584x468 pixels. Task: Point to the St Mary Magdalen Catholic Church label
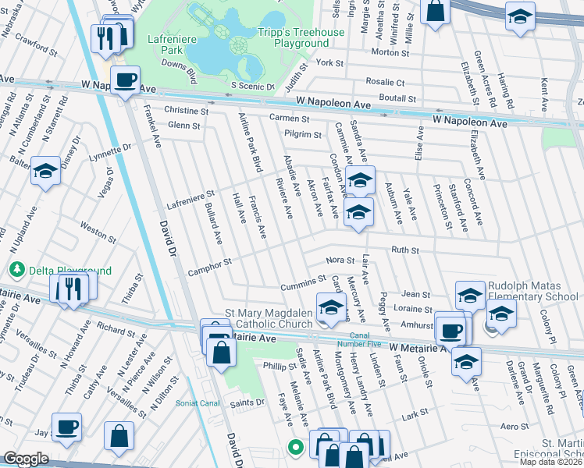click(269, 318)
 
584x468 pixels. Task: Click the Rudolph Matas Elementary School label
click(533, 292)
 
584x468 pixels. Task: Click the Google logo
click(26, 459)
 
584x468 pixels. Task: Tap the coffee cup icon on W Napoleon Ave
click(125, 79)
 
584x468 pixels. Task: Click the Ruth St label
click(405, 250)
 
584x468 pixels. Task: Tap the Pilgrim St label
click(302, 135)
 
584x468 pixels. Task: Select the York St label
click(330, 62)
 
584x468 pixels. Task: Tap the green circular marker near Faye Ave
click(295, 447)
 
